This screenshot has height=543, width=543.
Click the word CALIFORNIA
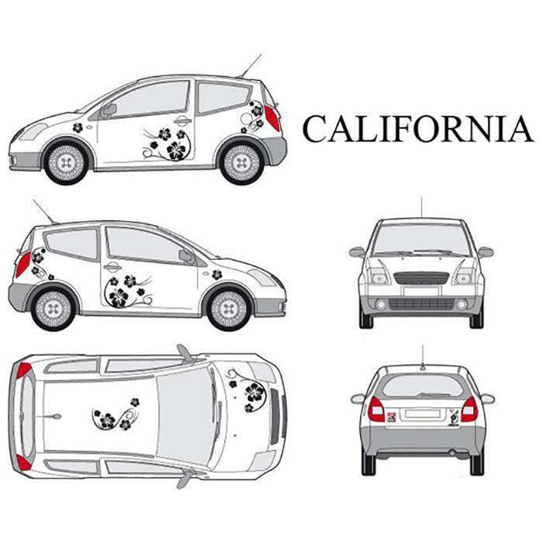coord(417,129)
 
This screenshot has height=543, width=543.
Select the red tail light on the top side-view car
coord(272,119)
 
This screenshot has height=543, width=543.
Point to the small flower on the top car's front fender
coord(78,126)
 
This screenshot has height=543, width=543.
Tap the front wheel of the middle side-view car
coord(229,307)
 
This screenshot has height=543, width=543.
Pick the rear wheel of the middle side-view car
coord(54,307)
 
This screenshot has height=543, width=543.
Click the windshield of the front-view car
coord(421,240)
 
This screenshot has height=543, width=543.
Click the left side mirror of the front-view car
coord(357,252)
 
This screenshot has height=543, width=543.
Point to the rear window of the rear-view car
coord(421,386)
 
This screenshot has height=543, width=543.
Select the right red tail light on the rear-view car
coord(469,409)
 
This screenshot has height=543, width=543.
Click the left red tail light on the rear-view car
coord(375,409)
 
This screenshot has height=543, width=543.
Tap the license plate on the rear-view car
coord(421,415)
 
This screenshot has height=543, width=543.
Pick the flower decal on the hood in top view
coord(250,393)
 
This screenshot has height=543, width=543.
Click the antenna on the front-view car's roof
coord(421,206)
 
